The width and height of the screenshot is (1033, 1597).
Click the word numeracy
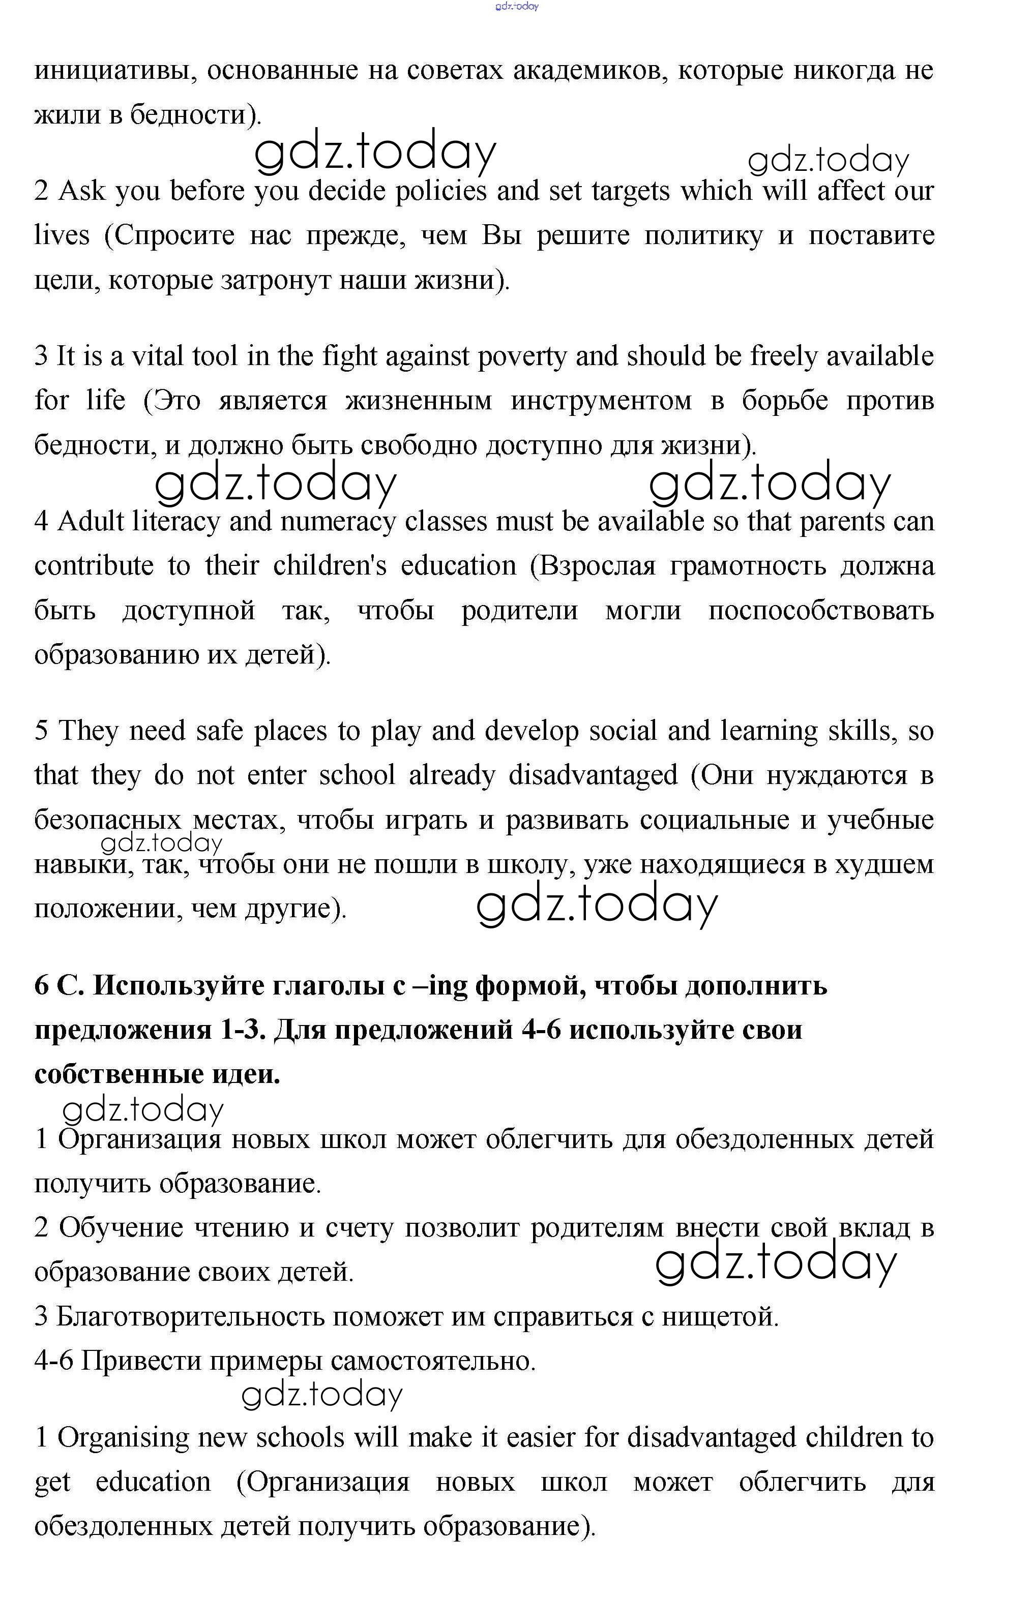(337, 522)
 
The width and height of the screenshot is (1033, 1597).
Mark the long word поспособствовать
(821, 611)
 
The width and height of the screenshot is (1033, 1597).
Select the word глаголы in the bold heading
(328, 985)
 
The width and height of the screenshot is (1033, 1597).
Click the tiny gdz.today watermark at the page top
(517, 7)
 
